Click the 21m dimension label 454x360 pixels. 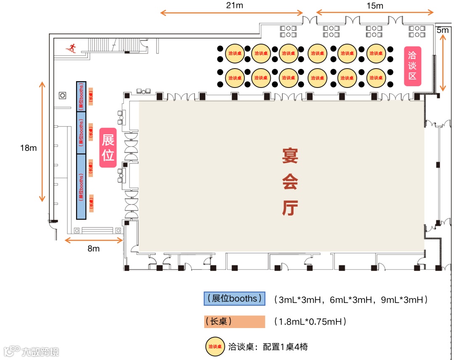coord(235,5)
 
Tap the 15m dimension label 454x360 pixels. coord(375,5)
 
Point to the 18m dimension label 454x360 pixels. coord(29,148)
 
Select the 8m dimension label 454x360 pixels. coord(93,249)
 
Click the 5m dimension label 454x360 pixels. coord(442,30)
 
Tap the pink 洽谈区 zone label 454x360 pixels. coord(412,66)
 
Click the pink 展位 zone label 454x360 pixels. coord(108,148)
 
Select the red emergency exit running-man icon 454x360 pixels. coord(71,48)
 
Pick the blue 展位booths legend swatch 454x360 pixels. coord(234,299)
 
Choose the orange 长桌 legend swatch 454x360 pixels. coord(234,322)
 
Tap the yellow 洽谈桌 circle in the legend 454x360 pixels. coord(215,347)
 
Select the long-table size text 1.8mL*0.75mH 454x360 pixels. coord(310,322)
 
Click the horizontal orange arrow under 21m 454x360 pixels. coord(232,13)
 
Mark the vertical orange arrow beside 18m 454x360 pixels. coord(42,141)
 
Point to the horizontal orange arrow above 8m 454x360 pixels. coord(93,240)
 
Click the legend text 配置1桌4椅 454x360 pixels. coord(285,347)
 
